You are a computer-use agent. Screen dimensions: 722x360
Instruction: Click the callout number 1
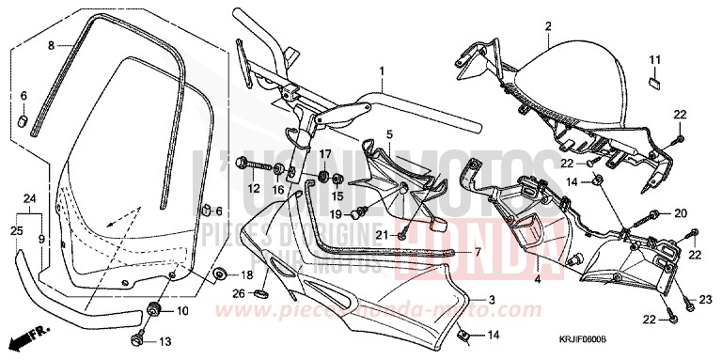tap(383, 70)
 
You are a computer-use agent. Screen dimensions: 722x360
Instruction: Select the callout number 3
tap(491, 298)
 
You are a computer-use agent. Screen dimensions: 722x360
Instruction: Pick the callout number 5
tap(388, 135)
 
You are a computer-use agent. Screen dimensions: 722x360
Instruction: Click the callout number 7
tap(477, 253)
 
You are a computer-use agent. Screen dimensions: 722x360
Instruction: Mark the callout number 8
tap(52, 44)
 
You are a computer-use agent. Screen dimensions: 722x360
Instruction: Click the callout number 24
tap(29, 198)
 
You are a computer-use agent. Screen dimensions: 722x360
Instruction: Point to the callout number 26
tap(238, 293)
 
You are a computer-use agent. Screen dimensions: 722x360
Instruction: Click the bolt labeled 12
tap(244, 165)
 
